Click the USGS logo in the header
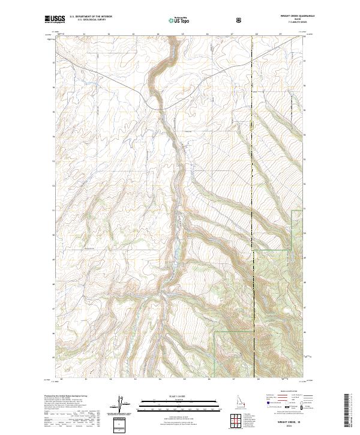pyautogui.click(x=55, y=19)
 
